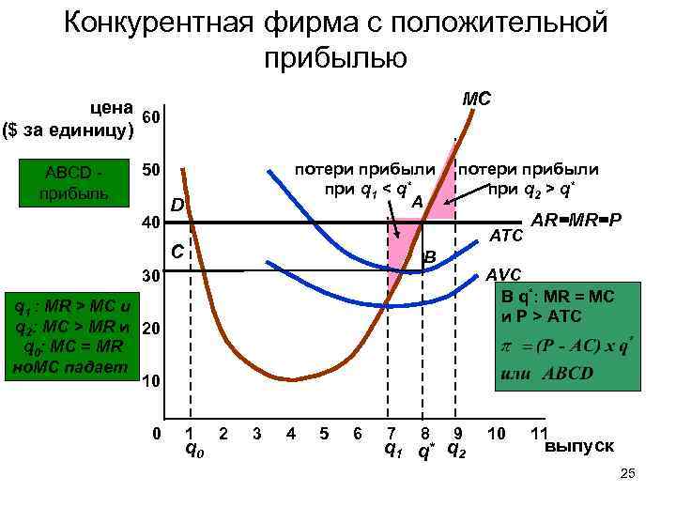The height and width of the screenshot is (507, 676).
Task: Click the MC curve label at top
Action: pos(478,98)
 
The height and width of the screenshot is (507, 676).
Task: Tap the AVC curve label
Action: pos(505,275)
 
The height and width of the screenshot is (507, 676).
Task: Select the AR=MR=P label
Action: pos(576,221)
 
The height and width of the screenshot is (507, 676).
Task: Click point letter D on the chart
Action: pos(177,207)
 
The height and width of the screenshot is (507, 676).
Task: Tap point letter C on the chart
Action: pos(176,253)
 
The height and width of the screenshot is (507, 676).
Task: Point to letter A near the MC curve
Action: pos(417,202)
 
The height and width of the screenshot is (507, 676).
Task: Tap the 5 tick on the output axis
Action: pos(324,433)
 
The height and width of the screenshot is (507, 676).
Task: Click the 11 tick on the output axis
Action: pos(539,433)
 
